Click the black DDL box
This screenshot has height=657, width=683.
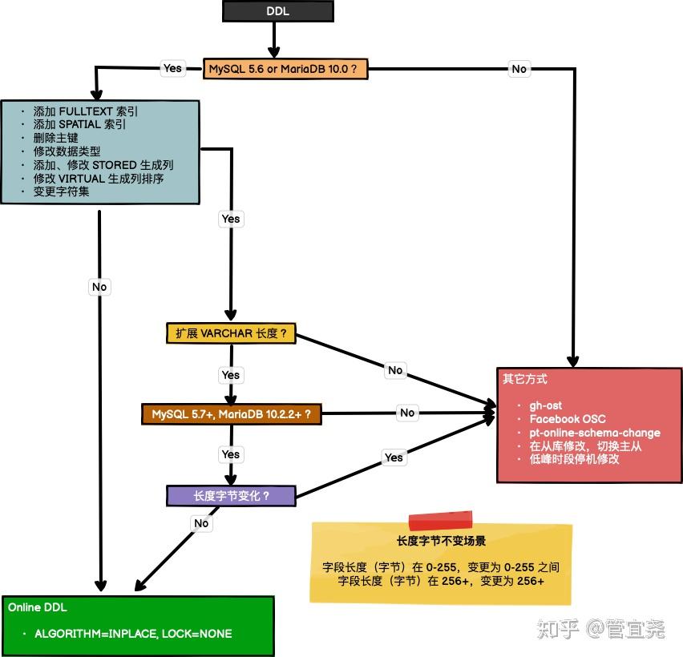tap(278, 11)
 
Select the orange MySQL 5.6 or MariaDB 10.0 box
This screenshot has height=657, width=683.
tap(285, 69)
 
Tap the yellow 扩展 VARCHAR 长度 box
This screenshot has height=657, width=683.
tap(231, 333)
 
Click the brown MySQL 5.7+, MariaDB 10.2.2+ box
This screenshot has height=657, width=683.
tap(232, 414)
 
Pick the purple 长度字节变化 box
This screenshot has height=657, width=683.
tap(231, 496)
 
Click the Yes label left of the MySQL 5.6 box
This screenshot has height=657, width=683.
tap(173, 68)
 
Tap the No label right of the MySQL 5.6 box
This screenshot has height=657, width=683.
tap(519, 69)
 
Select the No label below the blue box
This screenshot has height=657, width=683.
tap(99, 287)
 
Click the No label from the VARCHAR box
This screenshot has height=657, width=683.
tap(395, 370)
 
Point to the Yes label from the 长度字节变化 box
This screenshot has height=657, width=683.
tap(394, 457)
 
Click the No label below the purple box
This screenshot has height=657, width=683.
tap(201, 523)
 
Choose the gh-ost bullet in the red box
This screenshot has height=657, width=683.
tap(545, 405)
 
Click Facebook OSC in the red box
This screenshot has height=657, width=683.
tap(568, 419)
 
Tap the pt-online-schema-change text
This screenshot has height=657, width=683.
tap(595, 433)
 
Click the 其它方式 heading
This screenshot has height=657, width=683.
tap(525, 379)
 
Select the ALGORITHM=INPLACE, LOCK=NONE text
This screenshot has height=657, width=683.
tap(133, 634)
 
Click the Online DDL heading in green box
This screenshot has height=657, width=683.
tap(38, 607)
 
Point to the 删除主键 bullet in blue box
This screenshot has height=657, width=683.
tap(56, 138)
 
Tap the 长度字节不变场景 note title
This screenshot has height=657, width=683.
tap(441, 541)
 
